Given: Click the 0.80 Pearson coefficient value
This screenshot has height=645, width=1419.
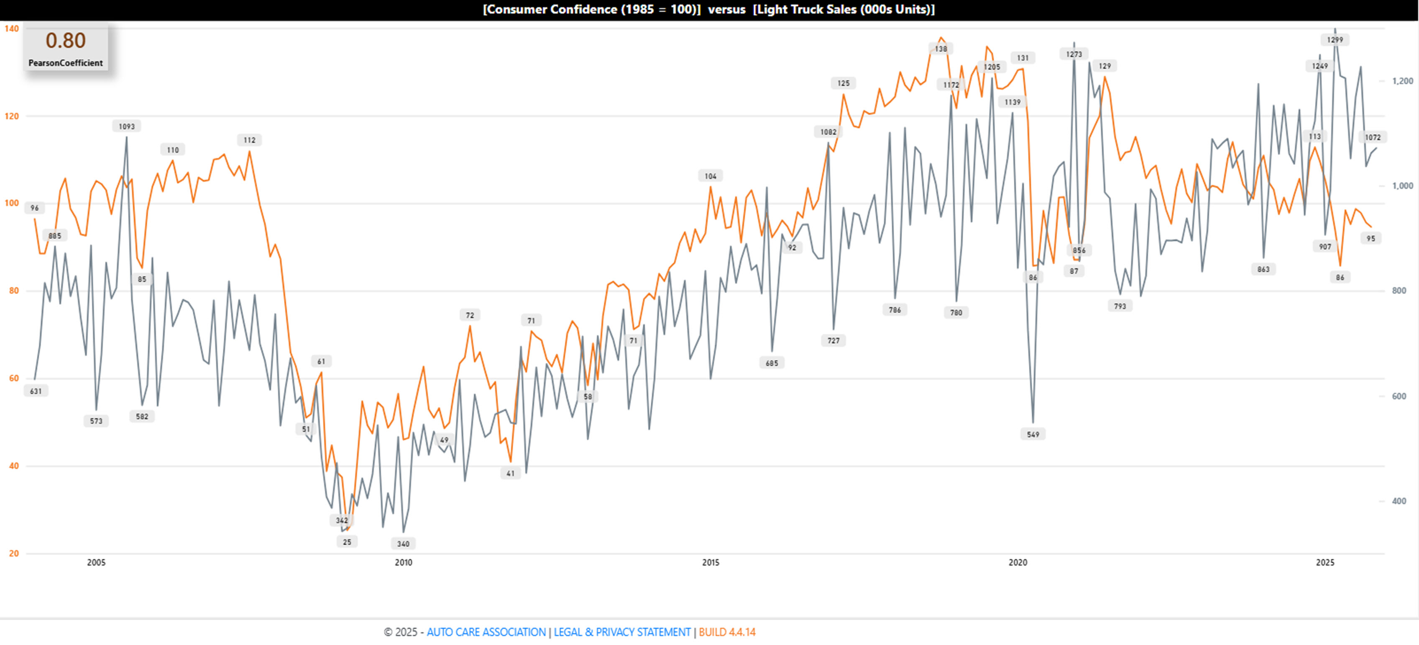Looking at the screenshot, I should click(x=66, y=41).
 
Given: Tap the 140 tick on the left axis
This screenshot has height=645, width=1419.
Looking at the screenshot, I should click(x=12, y=29).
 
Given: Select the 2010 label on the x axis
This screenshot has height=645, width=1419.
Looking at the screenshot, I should click(x=403, y=562).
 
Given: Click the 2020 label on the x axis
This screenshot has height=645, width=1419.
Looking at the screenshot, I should click(x=1018, y=562).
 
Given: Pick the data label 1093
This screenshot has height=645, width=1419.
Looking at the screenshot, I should click(x=127, y=127).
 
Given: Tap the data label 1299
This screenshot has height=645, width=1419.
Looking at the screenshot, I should click(x=1335, y=40).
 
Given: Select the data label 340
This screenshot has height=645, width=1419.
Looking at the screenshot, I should click(x=403, y=544).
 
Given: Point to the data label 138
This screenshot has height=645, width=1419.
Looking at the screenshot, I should click(x=941, y=49).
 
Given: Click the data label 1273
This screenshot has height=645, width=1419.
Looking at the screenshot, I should click(x=1074, y=54).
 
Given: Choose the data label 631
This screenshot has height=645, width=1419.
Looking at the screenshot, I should click(x=36, y=392).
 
